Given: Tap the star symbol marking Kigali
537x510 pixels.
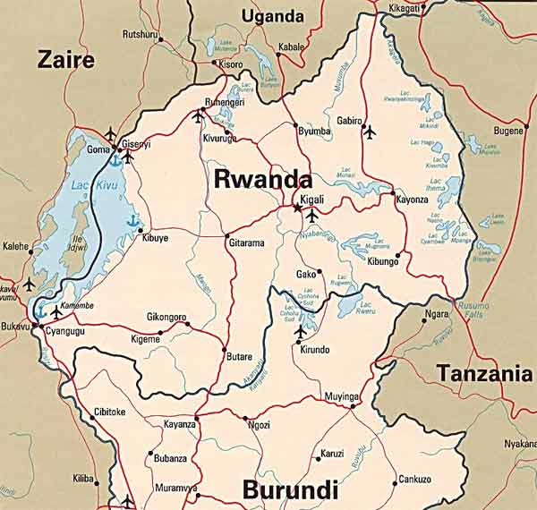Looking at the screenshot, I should pos(297,208).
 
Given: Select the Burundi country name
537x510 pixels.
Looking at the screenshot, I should pos(290,490).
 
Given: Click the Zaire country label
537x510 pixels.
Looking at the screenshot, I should pos(64,60).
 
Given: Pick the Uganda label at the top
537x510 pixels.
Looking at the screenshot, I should pos(273,16).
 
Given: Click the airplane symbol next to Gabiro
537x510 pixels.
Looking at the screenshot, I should pos(369,132).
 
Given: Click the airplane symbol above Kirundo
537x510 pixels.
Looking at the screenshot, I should pos(301,333).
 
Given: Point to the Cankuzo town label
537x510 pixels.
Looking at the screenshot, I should pos(414,480).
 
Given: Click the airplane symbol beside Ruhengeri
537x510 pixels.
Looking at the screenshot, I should pos(199,115).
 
